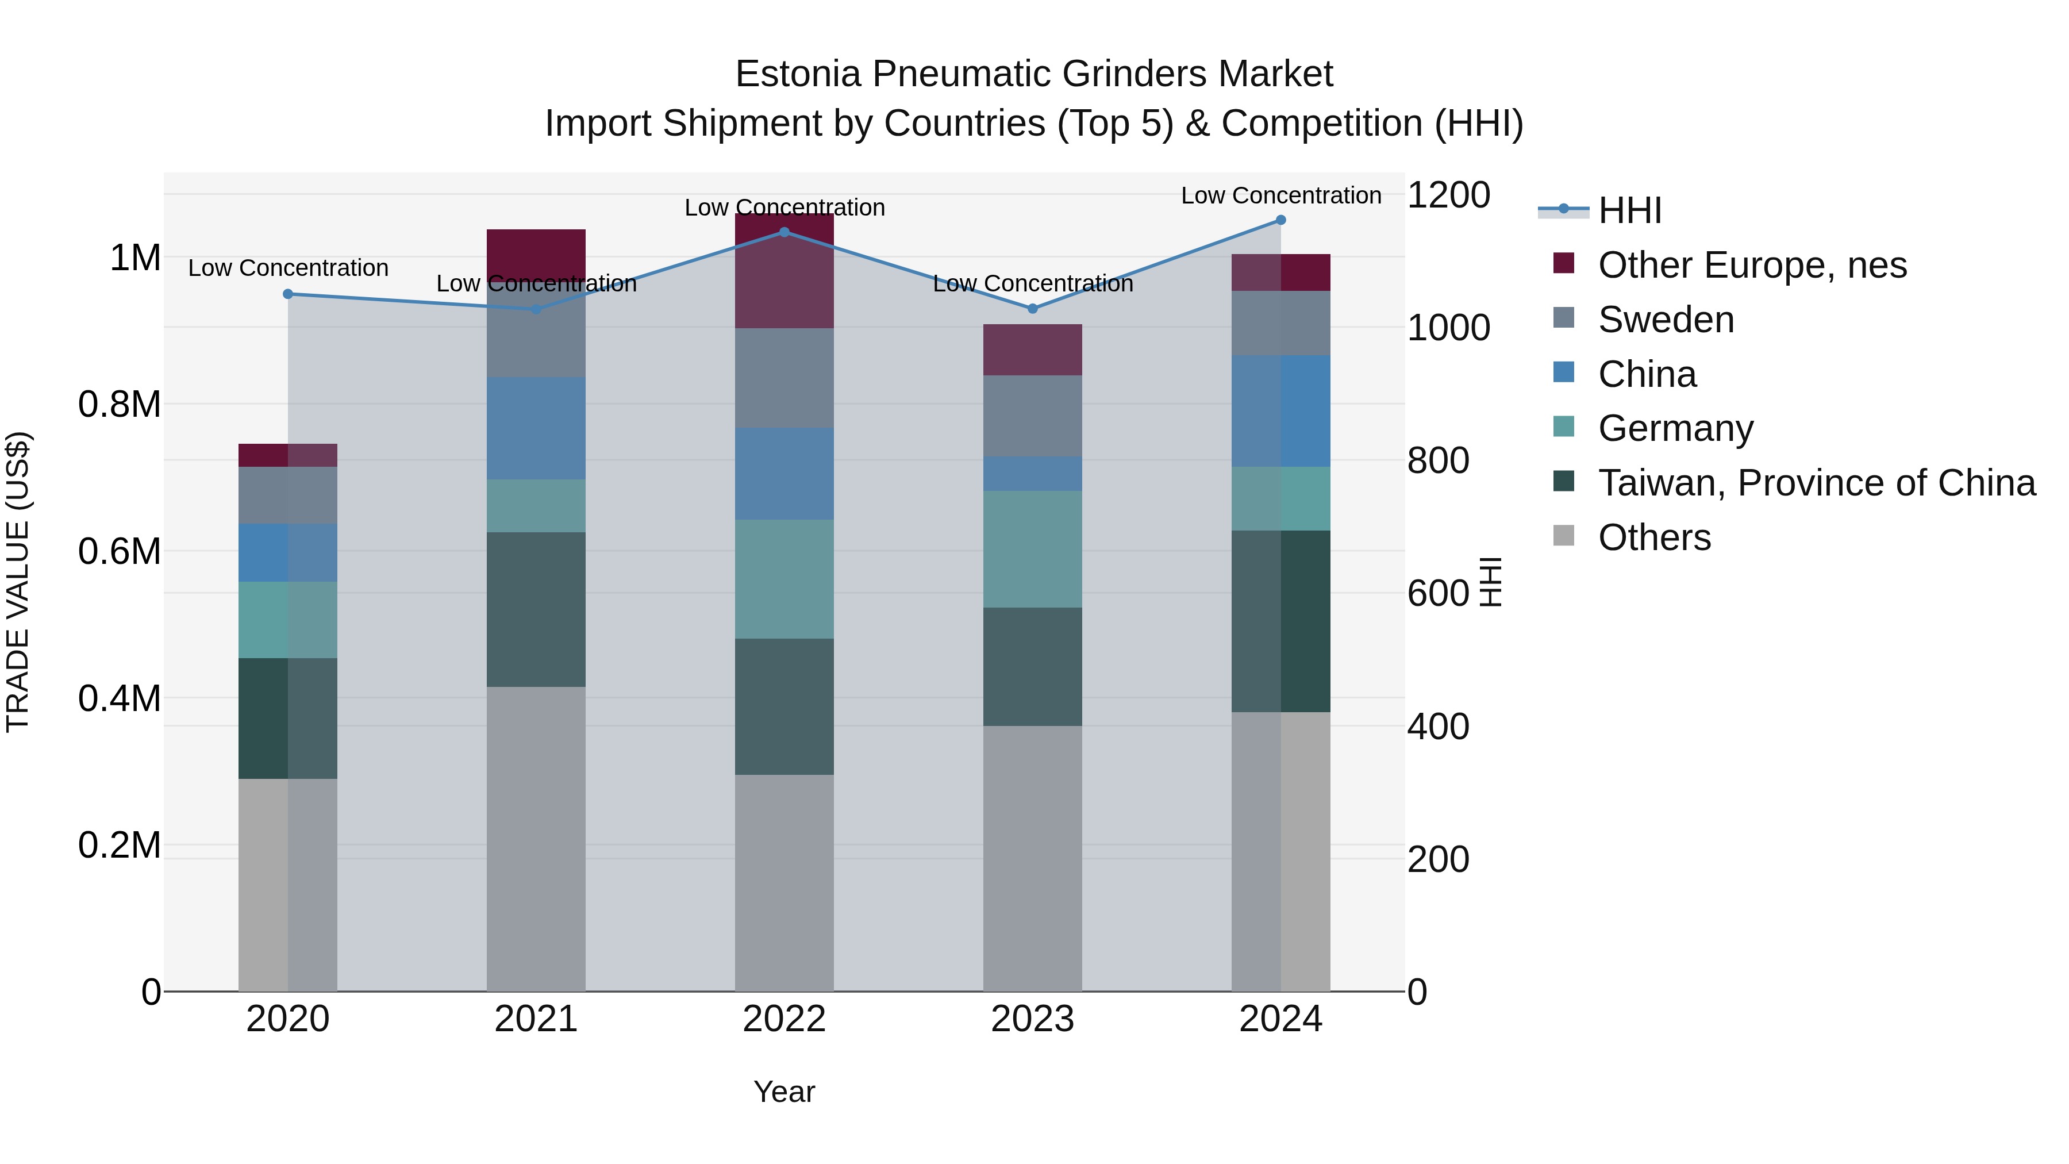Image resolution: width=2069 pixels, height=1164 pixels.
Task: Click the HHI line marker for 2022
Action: tap(784, 232)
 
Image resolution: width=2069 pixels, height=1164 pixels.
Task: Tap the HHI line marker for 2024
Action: tap(1281, 220)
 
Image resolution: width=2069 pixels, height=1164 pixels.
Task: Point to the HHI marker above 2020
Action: tap(289, 294)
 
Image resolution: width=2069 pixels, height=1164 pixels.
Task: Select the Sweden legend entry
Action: tap(1665, 320)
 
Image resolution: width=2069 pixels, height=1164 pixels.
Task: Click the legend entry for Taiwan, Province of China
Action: tap(1816, 483)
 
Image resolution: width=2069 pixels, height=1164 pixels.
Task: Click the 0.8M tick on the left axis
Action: tap(120, 404)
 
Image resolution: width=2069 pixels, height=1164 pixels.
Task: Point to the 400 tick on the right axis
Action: tap(1438, 726)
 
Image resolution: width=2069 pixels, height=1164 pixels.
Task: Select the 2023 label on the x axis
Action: tap(1032, 1019)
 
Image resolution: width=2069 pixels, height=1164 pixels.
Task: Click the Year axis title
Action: tap(784, 1092)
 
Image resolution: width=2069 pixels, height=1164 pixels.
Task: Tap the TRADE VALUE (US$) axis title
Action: tap(18, 582)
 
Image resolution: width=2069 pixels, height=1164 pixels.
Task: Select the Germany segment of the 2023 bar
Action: tap(1032, 549)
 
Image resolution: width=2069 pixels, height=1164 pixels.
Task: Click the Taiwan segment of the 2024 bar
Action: tap(1281, 621)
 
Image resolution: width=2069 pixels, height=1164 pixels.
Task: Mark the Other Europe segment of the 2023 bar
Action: tap(1032, 349)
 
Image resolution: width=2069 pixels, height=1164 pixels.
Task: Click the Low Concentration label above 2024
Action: tap(1281, 195)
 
